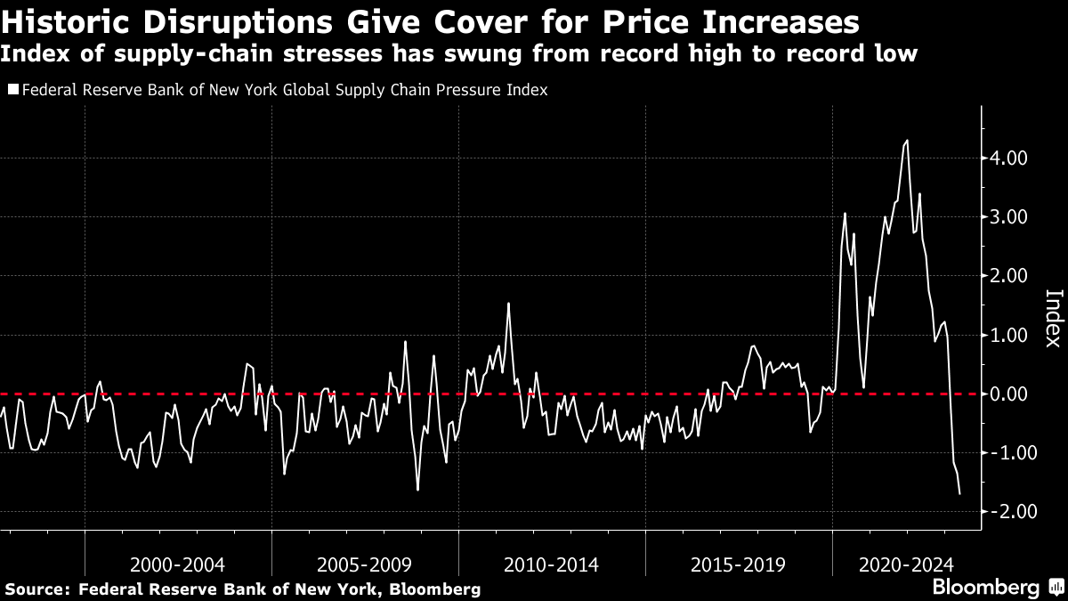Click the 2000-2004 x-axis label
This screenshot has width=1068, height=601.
(177, 565)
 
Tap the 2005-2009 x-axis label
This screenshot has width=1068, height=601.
(364, 565)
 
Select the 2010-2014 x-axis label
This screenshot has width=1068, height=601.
(551, 565)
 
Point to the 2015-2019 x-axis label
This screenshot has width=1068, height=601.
(738, 565)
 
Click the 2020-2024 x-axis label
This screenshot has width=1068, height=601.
(906, 565)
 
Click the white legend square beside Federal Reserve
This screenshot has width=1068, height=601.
(13, 90)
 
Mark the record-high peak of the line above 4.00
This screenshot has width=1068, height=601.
(907, 141)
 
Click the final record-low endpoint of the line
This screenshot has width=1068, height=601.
(959, 493)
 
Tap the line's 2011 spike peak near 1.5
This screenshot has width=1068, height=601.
(509, 303)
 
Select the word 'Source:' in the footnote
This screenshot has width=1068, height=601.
(39, 589)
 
